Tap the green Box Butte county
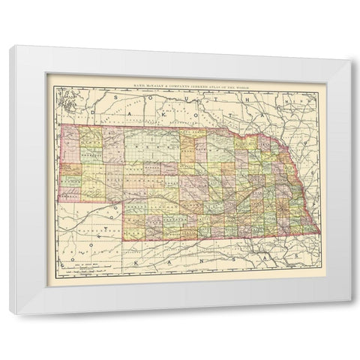pyautogui.click(x=91, y=152)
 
